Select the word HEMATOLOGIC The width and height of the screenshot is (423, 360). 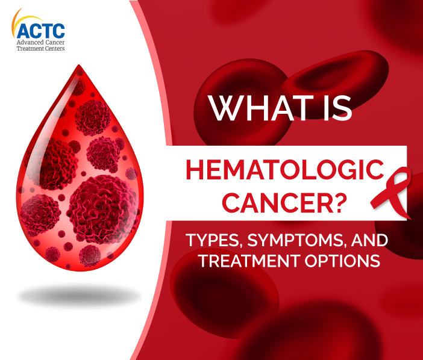[x=284, y=171]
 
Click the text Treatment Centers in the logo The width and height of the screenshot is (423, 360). [x=42, y=50]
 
